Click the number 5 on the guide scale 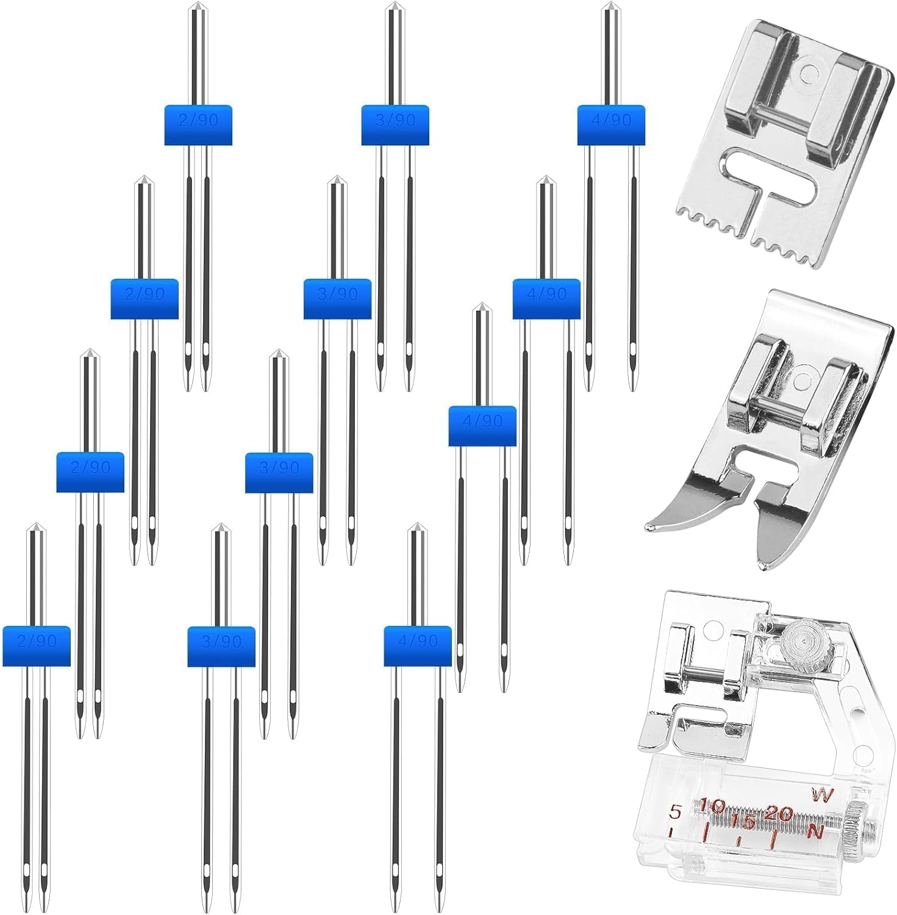674,812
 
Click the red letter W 822,795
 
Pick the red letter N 815,831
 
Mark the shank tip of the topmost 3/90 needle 395,8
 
